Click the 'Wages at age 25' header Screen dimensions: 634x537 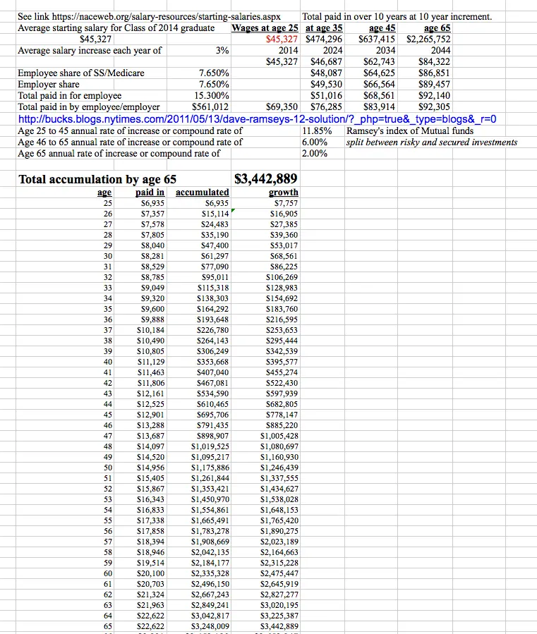[265, 28]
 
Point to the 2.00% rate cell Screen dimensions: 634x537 [313, 154]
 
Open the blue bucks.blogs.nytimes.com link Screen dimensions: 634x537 [257, 119]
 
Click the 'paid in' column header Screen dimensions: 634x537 [150, 192]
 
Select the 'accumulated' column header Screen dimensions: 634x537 [202, 192]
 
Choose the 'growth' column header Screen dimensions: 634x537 [283, 192]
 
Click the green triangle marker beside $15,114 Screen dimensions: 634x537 [232, 211]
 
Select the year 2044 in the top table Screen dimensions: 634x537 [440, 50]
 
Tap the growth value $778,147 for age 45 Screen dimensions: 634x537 [279, 415]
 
